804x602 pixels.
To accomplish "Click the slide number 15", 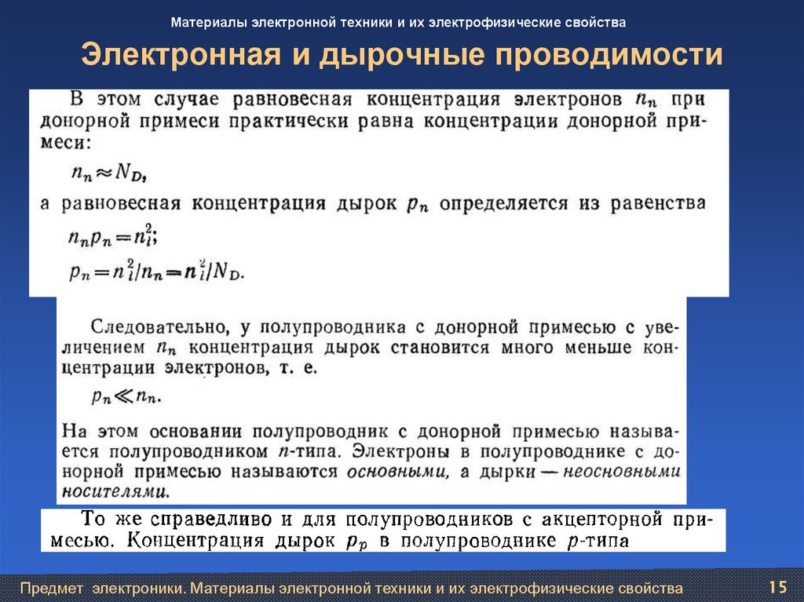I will tap(778, 587).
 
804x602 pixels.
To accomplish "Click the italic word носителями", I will tap(119, 492).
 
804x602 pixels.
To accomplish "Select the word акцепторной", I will tap(600, 519).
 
